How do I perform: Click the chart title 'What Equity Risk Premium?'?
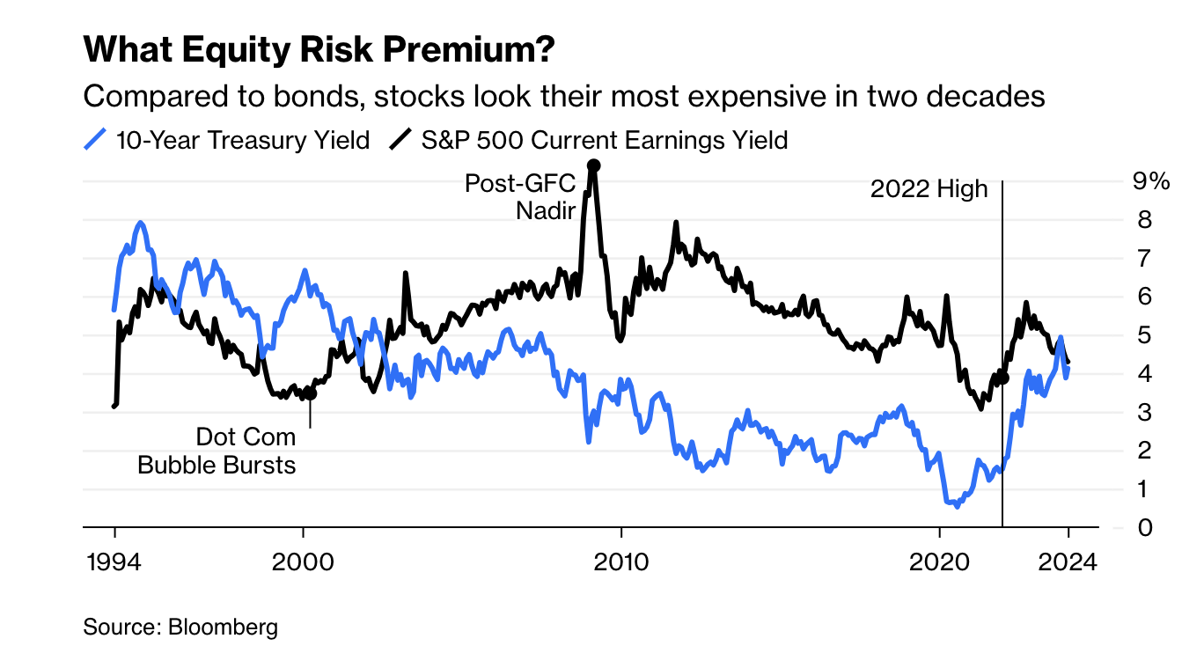(319, 51)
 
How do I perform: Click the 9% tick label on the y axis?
(1151, 182)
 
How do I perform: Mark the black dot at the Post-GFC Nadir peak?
(594, 165)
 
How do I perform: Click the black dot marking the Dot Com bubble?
(309, 393)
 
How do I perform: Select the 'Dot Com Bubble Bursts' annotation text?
(217, 451)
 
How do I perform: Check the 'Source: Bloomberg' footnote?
(180, 628)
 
